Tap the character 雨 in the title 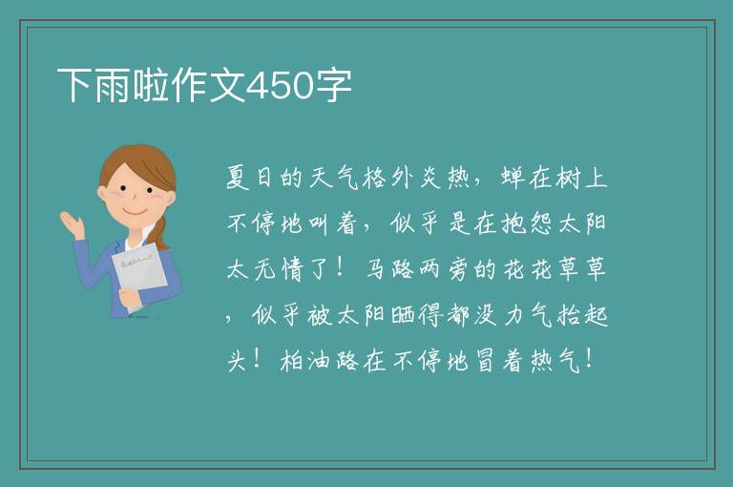tap(114, 85)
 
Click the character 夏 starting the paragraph tap(238, 178)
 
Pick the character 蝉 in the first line tap(513, 178)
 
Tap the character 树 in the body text tap(569, 178)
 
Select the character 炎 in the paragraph tap(430, 178)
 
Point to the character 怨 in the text tap(540, 223)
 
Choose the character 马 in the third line tap(375, 269)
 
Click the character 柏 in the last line tap(292, 361)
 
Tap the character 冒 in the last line tap(485, 361)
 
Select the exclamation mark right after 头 tap(256, 359)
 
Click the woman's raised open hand tap(72, 224)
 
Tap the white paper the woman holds tap(139, 274)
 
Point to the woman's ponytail tap(160, 233)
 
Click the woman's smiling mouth tap(135, 211)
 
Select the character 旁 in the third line tap(458, 269)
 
